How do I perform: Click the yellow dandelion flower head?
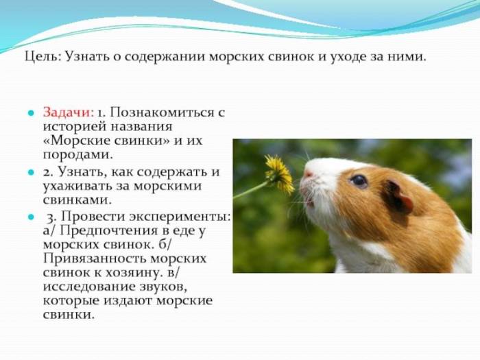click(x=278, y=172)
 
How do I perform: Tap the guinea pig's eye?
click(x=359, y=181)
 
